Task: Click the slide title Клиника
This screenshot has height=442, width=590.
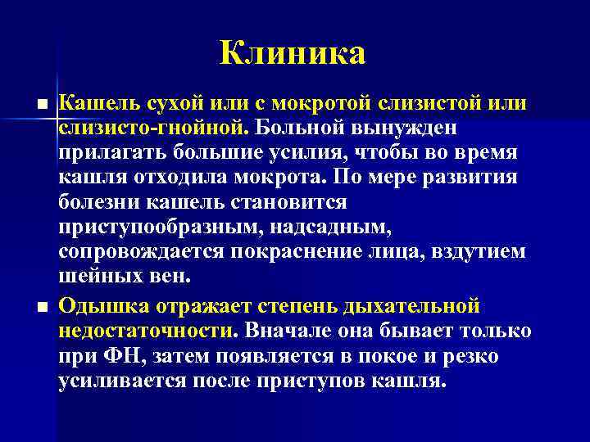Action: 293,54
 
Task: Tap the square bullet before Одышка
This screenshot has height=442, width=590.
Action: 42,307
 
